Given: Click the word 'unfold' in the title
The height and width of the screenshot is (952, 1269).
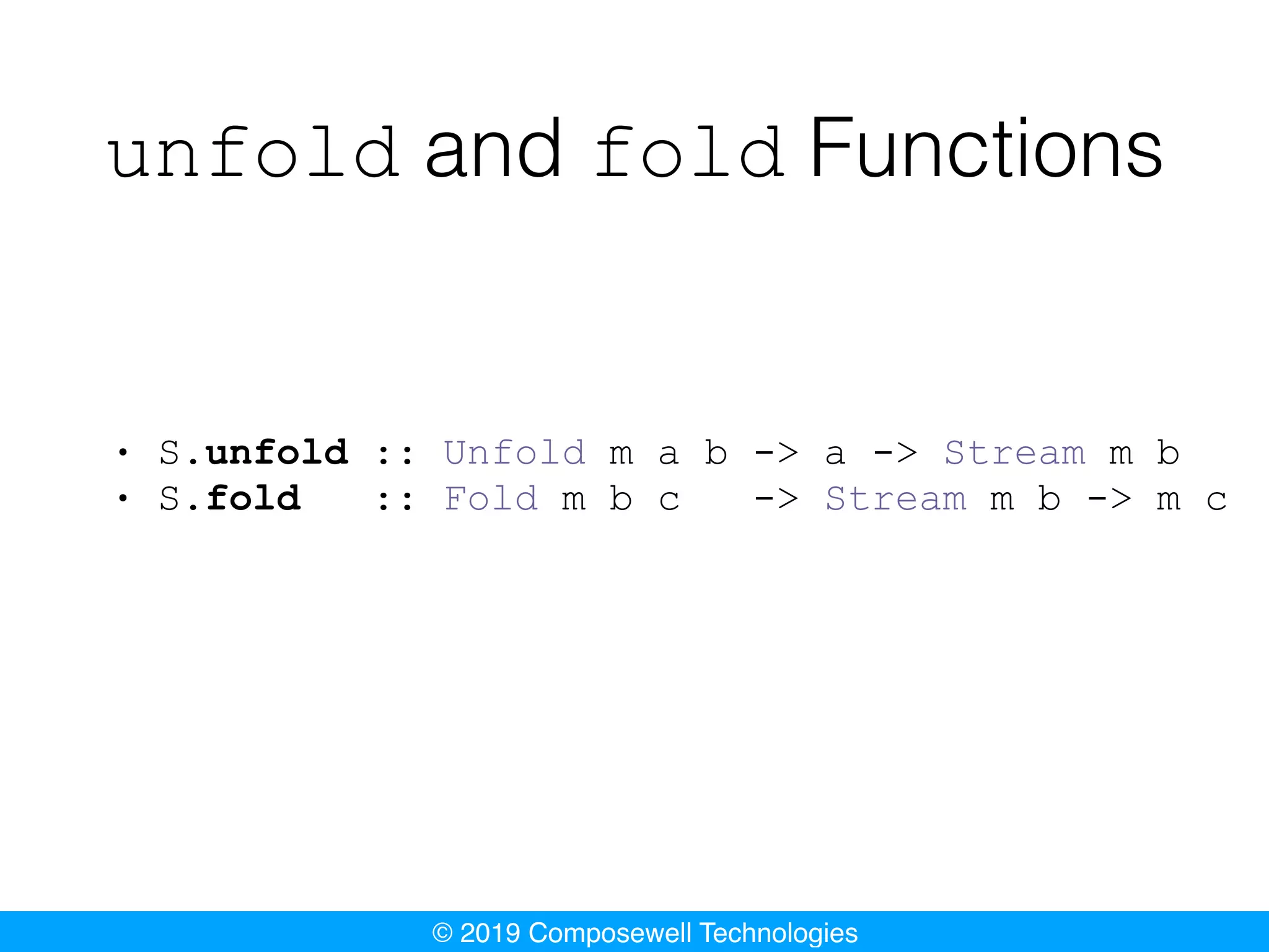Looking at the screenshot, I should pos(253,152).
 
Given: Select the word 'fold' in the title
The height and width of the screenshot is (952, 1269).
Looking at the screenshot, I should pos(690,152).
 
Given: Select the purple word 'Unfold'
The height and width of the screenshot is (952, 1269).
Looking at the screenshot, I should pos(514,452).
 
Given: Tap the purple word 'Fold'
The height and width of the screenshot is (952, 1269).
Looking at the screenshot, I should pos(491,498).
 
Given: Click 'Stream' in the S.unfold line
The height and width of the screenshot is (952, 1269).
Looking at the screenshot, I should pos(1015,452).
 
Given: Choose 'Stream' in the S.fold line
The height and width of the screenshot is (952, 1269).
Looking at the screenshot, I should pos(896,498).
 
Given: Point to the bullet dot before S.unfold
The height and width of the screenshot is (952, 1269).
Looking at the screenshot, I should pos(123,452).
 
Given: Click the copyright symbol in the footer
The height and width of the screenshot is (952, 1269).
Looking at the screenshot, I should pos(442,933).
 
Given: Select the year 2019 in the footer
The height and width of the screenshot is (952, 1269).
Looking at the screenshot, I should pos(490,933).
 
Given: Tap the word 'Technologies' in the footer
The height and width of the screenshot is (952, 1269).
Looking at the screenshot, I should pos(779,933).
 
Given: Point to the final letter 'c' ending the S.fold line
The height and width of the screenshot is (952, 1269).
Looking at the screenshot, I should pos(1216,501).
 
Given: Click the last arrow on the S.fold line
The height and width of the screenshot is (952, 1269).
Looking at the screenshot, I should pos(1110,499).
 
